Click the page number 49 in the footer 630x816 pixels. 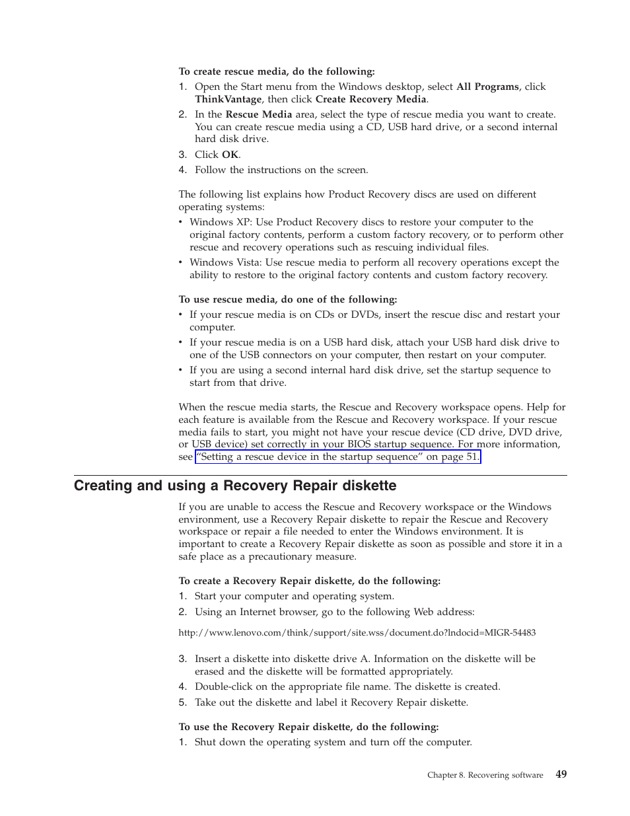click(561, 774)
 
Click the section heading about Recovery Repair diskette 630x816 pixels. click(235, 486)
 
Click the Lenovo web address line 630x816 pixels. click(357, 632)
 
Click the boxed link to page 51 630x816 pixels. click(337, 457)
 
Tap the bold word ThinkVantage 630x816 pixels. click(228, 99)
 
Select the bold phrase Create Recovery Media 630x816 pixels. click(370, 99)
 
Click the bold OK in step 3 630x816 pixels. click(230, 155)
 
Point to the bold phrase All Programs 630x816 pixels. click(487, 87)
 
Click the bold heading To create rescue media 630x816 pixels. click(276, 71)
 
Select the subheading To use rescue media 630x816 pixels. click(287, 299)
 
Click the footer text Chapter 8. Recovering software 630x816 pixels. click(485, 775)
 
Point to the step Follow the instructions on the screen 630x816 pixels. click(281, 170)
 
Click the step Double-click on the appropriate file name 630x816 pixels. click(347, 686)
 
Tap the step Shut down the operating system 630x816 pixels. click(333, 742)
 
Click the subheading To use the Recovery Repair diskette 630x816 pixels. click(308, 727)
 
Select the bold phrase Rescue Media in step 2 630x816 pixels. click(258, 114)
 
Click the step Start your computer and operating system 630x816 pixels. click(294, 596)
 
